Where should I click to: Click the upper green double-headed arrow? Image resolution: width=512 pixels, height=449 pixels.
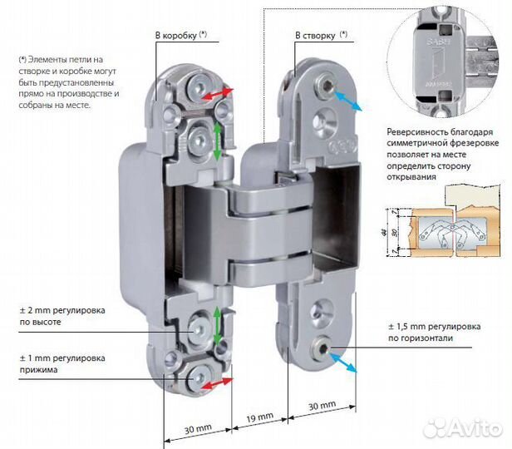pos(217,141)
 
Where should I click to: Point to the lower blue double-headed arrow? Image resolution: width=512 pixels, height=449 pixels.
pos(347,358)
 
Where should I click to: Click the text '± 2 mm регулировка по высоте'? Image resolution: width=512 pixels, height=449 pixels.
pos(62,316)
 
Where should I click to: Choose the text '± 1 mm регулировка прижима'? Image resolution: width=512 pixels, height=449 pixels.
pos(62,364)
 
